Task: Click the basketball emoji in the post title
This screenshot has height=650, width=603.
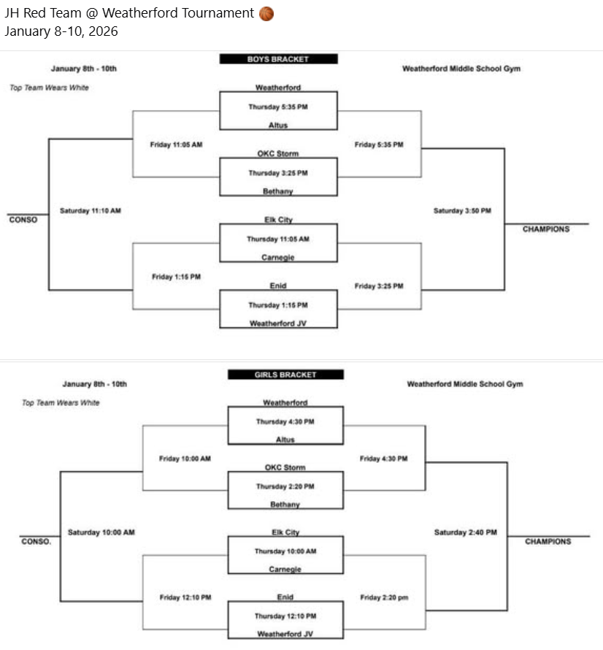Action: pyautogui.click(x=266, y=13)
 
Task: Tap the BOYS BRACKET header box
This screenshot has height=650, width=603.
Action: pyautogui.click(x=278, y=59)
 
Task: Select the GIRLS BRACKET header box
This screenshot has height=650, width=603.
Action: pyautogui.click(x=285, y=375)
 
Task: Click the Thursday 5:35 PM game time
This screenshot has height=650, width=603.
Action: pyautogui.click(x=277, y=106)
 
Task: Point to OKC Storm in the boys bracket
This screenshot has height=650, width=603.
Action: pyautogui.click(x=277, y=153)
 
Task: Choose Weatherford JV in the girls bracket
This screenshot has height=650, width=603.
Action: pyautogui.click(x=285, y=634)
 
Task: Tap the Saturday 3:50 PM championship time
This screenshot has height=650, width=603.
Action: pyautogui.click(x=462, y=211)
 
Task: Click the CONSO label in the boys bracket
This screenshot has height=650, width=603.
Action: pyautogui.click(x=23, y=219)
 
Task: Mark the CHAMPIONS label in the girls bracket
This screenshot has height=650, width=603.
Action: pyautogui.click(x=548, y=541)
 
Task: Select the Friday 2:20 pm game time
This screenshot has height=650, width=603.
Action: pyautogui.click(x=384, y=597)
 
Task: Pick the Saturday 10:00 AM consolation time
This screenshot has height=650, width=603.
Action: pyautogui.click(x=101, y=532)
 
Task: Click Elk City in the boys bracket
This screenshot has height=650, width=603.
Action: pyautogui.click(x=278, y=219)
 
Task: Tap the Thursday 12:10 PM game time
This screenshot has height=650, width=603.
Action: pyautogui.click(x=285, y=616)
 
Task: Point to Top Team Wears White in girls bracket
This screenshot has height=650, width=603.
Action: pyautogui.click(x=61, y=402)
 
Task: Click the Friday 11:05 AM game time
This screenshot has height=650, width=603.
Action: pyautogui.click(x=176, y=145)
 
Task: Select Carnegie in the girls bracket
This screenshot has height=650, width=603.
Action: pyautogui.click(x=285, y=569)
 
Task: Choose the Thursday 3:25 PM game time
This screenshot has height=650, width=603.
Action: pyautogui.click(x=277, y=173)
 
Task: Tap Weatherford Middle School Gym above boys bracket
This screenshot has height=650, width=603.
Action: pyautogui.click(x=461, y=69)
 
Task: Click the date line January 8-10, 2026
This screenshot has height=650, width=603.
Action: pyautogui.click(x=61, y=31)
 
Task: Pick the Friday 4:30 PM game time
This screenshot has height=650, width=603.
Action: pyautogui.click(x=383, y=459)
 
